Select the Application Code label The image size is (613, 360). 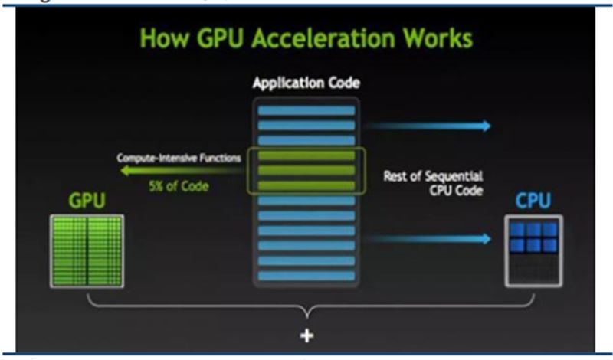point(306,82)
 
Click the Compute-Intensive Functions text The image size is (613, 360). point(179,158)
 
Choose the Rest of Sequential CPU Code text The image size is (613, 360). point(433,183)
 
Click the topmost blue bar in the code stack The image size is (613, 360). point(306,110)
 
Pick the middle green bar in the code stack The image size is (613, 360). point(306,170)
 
